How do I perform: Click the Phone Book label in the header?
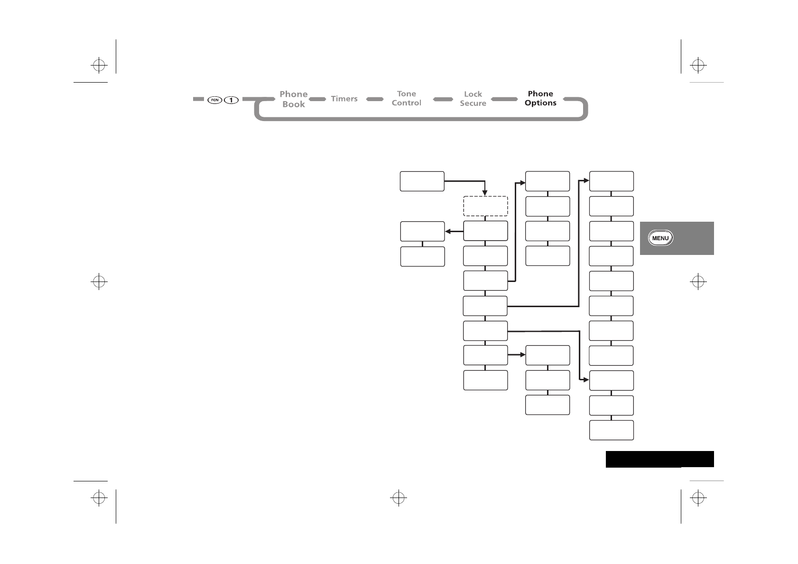[293, 99]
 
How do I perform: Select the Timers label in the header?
[344, 99]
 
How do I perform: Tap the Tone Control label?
[406, 98]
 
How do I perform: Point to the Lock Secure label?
[473, 99]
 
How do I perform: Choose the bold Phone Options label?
[540, 98]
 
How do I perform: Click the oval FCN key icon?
[215, 100]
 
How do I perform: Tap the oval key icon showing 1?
[231, 100]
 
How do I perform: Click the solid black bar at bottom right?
[659, 459]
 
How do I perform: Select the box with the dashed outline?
[485, 206]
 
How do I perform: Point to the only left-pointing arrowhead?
[447, 232]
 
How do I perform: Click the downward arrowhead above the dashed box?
[485, 193]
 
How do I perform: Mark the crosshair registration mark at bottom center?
[399, 498]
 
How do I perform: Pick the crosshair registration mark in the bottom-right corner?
[697, 498]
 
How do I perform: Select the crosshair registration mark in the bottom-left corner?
[99, 498]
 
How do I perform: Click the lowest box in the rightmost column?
[611, 430]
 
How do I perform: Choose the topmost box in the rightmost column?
[611, 181]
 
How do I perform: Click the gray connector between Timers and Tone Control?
[375, 99]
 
